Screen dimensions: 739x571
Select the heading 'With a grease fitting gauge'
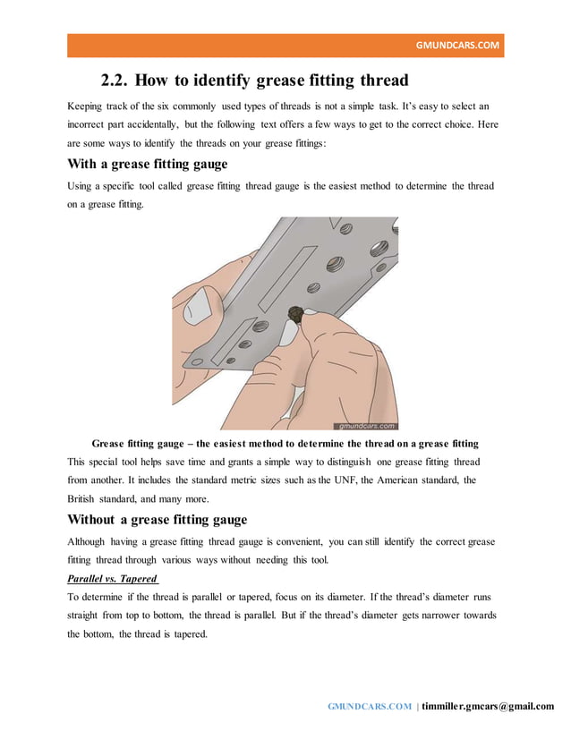tap(148, 164)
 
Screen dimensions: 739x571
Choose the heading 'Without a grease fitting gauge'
tap(158, 520)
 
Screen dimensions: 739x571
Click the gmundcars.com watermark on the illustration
tap(365, 426)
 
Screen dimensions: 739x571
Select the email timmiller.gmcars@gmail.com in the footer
tap(488, 706)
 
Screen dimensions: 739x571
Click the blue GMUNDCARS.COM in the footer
tap(370, 706)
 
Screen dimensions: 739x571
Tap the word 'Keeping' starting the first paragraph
tap(87, 106)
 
